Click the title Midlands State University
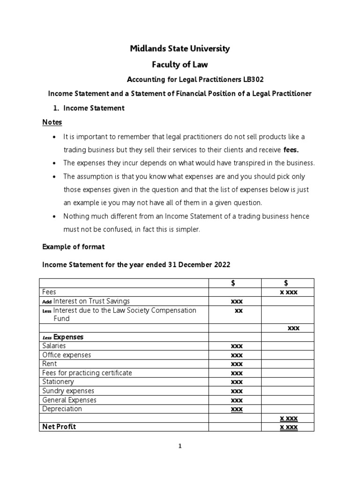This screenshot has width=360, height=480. (180, 49)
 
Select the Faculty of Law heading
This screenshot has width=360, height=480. (180, 64)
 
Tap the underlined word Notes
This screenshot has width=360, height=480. (52, 122)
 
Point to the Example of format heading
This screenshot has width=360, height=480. (74, 247)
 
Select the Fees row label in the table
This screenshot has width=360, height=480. (49, 292)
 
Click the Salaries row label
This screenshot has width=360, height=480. (54, 346)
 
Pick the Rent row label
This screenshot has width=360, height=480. (49, 364)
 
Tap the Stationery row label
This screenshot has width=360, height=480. (58, 382)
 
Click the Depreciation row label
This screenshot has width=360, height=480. (62, 409)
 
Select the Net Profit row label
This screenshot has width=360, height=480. (59, 427)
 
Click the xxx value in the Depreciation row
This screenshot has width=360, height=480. (237, 409)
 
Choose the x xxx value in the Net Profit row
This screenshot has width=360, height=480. (288, 427)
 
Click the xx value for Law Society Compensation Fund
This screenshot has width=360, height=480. (238, 310)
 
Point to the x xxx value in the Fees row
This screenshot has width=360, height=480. (289, 292)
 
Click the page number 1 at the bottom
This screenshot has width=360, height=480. (180, 446)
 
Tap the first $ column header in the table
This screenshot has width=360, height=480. (235, 282)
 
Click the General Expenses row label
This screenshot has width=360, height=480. (69, 400)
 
